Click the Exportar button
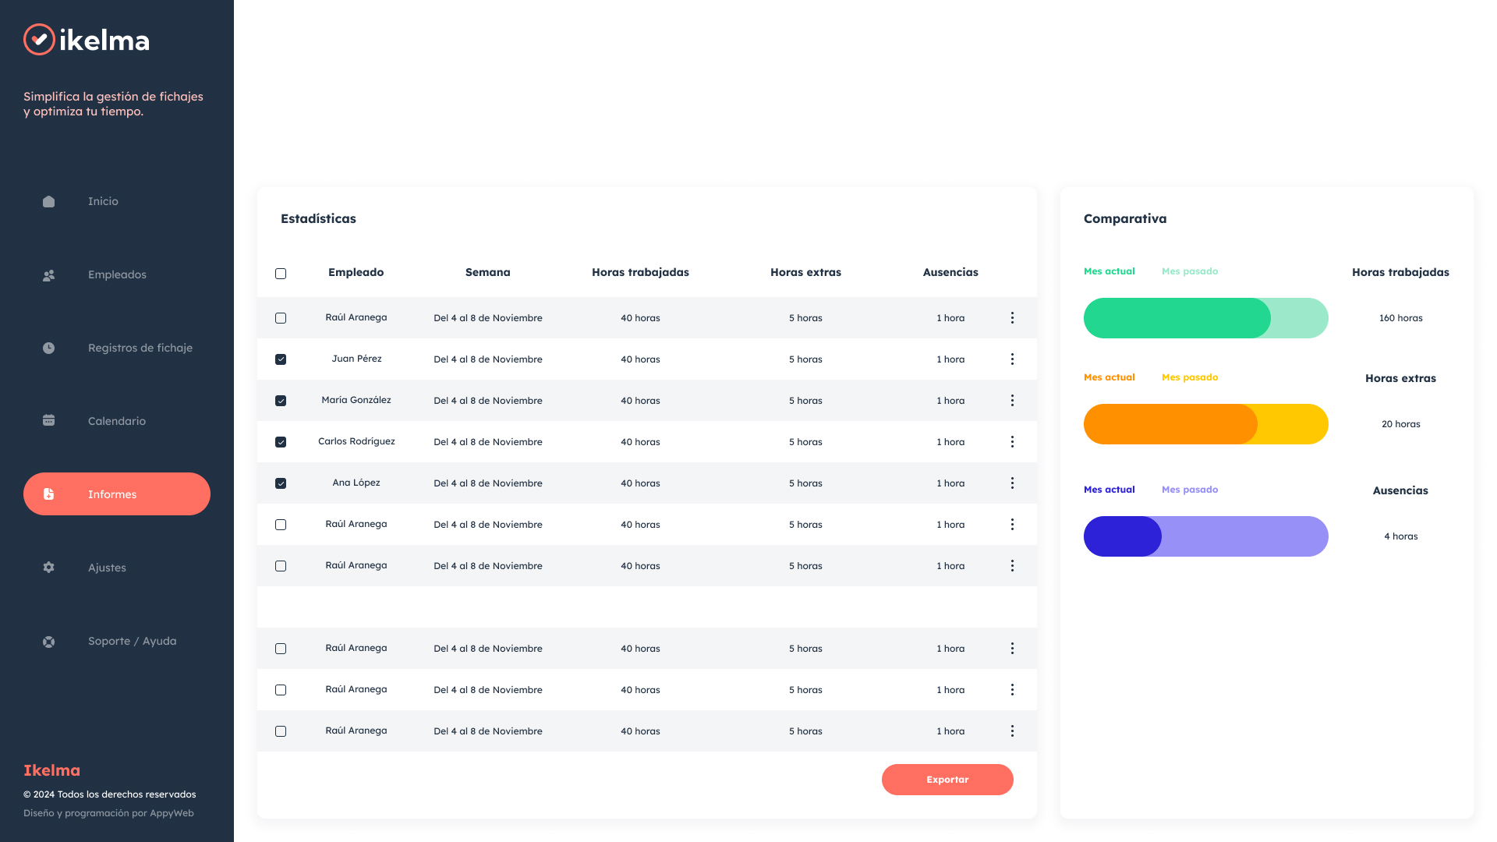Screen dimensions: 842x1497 click(x=947, y=780)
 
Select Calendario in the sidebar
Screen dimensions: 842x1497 click(x=116, y=421)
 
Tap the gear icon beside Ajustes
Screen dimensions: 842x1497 click(x=48, y=568)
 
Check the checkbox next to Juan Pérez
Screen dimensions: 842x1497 click(x=281, y=359)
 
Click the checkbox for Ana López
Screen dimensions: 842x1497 click(x=281, y=483)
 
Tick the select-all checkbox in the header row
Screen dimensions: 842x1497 click(x=281, y=274)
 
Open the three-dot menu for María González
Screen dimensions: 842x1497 click(x=1012, y=401)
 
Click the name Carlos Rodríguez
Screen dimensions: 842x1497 click(x=356, y=441)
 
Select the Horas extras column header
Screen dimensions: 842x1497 click(x=805, y=272)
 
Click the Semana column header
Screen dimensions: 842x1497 click(x=487, y=272)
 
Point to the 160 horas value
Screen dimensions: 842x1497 click(x=1400, y=318)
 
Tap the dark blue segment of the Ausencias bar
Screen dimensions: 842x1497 click(x=1121, y=536)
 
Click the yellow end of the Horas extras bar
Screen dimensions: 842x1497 click(x=1294, y=424)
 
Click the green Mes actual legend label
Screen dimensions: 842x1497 click(x=1109, y=271)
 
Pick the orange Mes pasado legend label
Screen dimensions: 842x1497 click(x=1189, y=377)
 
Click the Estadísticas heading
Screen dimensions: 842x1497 click(x=318, y=219)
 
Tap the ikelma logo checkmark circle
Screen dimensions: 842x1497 click(x=39, y=40)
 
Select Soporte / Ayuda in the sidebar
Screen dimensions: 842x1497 click(x=132, y=641)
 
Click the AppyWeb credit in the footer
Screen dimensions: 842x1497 click(x=172, y=813)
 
